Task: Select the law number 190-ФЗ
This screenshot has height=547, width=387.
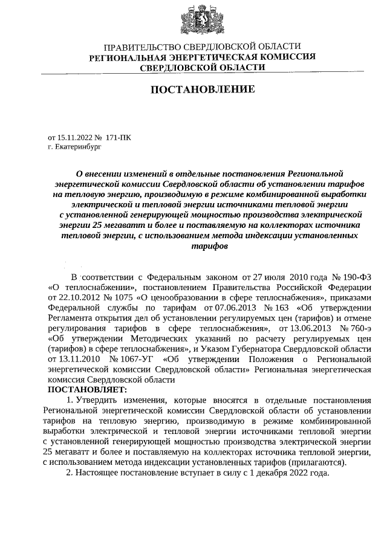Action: (356, 276)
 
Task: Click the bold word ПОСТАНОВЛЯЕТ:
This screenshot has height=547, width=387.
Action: (83, 390)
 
